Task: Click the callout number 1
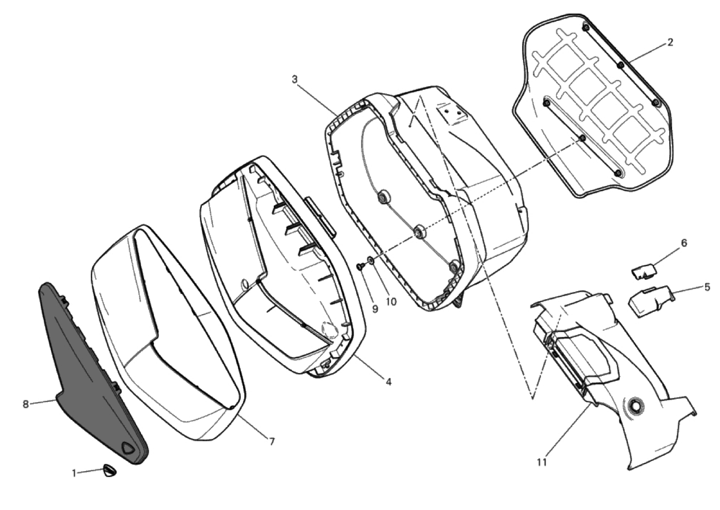pos(74,473)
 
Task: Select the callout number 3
pos(295,79)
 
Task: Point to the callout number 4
pos(388,382)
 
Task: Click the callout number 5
pos(707,287)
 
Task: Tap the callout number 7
pos(272,442)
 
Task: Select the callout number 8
pos(26,404)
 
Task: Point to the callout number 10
pos(391,302)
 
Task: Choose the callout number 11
pos(542,463)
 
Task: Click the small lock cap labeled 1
pos(110,471)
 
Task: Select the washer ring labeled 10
pos(370,259)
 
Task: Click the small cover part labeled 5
pos(649,301)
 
